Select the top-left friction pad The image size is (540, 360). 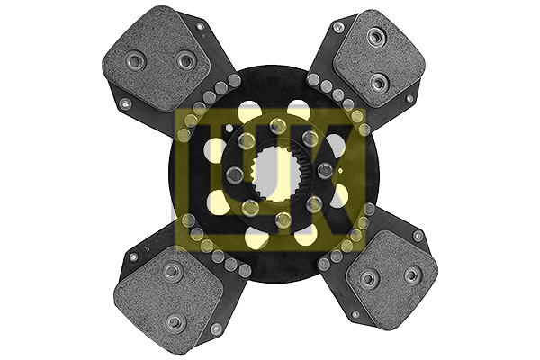(x=156, y=60)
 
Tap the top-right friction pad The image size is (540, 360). (x=379, y=58)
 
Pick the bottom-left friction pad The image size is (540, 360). (x=169, y=295)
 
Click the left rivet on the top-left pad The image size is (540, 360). (x=136, y=62)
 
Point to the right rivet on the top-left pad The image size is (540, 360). (x=186, y=61)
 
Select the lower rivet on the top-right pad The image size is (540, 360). (x=379, y=83)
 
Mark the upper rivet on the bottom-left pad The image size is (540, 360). (x=172, y=272)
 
